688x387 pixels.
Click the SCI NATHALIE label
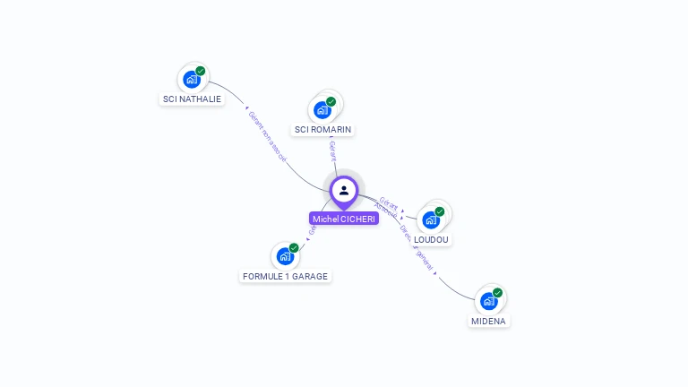(x=192, y=99)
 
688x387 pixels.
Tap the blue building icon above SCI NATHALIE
(x=192, y=80)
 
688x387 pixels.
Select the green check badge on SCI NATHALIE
(x=201, y=71)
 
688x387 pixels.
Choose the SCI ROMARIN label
(x=323, y=129)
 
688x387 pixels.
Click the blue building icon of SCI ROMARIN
(x=322, y=110)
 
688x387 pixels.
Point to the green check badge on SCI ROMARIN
(x=331, y=102)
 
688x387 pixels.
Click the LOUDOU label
(x=433, y=239)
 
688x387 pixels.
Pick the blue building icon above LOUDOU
(x=431, y=220)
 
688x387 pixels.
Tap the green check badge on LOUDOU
(x=440, y=211)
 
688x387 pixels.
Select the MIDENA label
(x=489, y=321)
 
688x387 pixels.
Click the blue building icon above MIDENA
(x=489, y=301)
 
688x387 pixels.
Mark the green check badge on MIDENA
(x=497, y=293)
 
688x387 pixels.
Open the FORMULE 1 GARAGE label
(x=286, y=276)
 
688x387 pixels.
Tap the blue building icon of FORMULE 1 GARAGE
(x=286, y=256)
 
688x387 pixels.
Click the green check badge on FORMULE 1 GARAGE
(x=294, y=248)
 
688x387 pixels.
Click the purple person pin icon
(x=344, y=191)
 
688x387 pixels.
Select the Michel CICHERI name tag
(x=344, y=219)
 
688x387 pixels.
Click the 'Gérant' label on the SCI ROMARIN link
(x=332, y=150)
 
